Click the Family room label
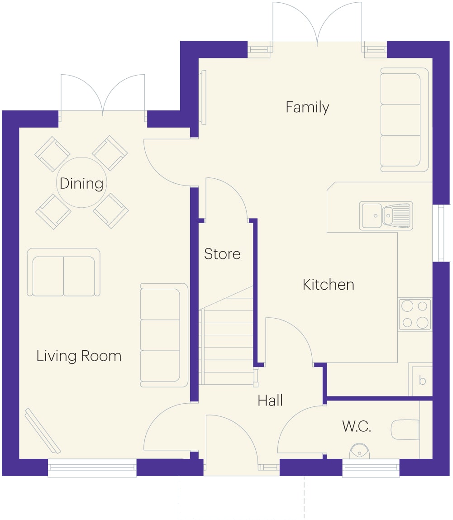coord(307,107)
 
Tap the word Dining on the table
coord(81,183)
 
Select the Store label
coord(222,254)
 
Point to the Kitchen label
coord(328,285)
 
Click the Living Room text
coord(79,356)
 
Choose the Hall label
coord(270,401)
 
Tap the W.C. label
coord(357,426)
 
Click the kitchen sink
coord(386,215)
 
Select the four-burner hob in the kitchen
coord(415,314)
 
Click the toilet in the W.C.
coord(405,429)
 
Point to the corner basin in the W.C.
coord(359,450)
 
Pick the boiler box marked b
coord(421,379)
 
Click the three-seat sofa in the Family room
coord(404,120)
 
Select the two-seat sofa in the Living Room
coord(63,272)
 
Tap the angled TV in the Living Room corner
coord(43,430)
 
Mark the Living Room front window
coord(92,468)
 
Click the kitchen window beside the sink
coord(441,233)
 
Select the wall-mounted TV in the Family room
coord(203,97)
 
